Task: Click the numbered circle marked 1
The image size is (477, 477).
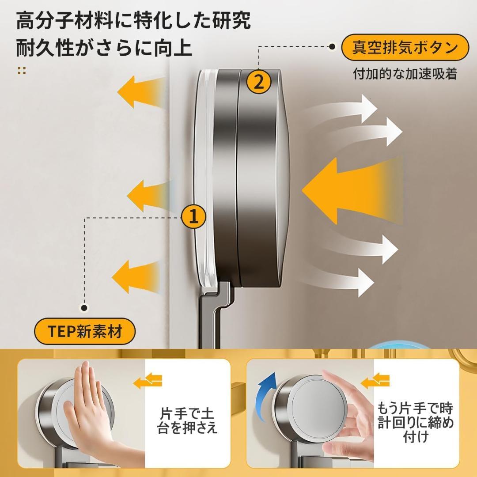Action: pos(193,217)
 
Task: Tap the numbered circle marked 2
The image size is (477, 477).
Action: pos(258,81)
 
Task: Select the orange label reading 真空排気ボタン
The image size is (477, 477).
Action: pos(405,47)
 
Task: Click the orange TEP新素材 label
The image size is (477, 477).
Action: pos(84,331)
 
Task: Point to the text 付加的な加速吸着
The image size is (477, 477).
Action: pos(405,74)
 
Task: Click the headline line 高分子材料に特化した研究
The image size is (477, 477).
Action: pos(133,20)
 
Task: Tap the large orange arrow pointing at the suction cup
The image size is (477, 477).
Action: pos(352,191)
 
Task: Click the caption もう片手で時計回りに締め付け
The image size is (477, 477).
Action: pos(416,422)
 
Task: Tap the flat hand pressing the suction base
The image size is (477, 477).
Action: pos(88,411)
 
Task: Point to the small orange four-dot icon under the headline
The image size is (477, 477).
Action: pos(22,71)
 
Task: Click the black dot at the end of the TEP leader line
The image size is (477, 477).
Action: pos(84,308)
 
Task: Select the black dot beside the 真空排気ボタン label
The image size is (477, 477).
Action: pos(333,46)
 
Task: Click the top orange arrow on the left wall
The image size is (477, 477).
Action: pos(141,92)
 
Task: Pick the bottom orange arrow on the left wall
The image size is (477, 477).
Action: pos(136,277)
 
